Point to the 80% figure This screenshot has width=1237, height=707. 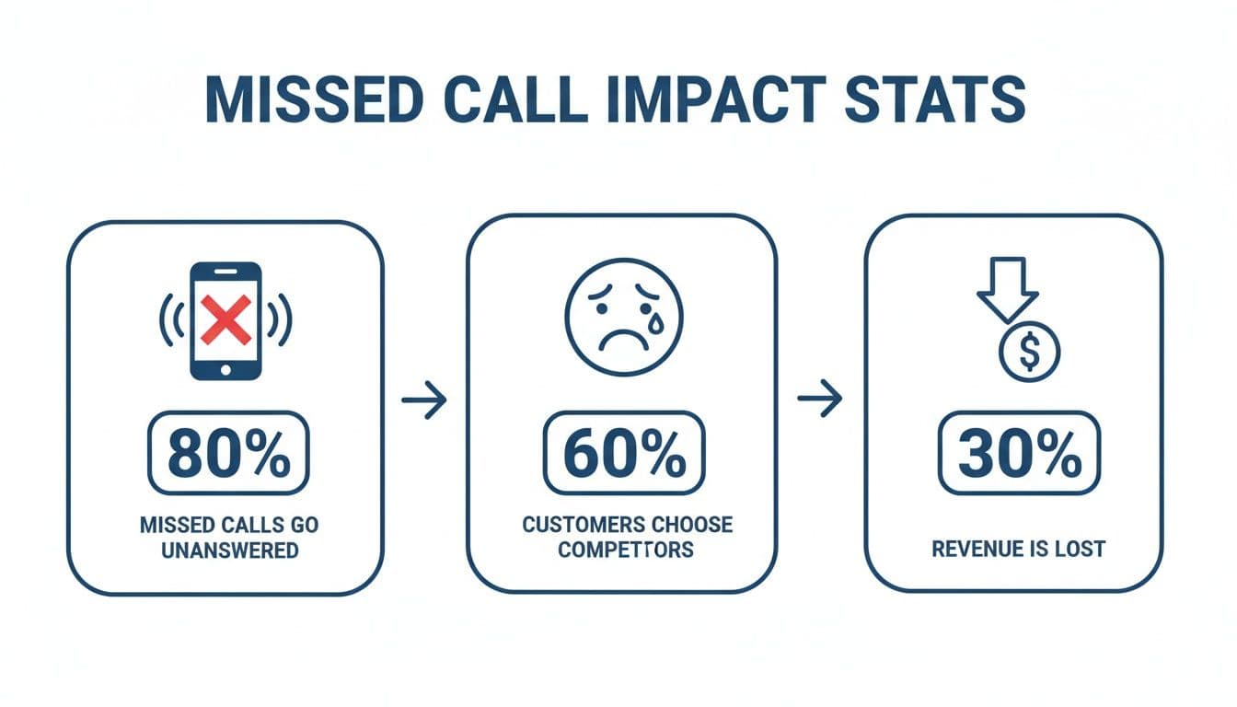coord(228,453)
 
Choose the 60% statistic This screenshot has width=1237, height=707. coord(624,453)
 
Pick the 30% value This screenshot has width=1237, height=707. coord(1019,453)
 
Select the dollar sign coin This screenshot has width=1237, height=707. coord(1030,352)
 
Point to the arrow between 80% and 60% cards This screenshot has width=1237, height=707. coord(424,400)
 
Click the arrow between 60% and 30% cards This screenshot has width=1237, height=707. coord(819,399)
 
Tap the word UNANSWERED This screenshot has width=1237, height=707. coord(229,551)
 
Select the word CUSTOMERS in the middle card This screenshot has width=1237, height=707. coord(580,525)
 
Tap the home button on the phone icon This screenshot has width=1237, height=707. coord(225,365)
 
